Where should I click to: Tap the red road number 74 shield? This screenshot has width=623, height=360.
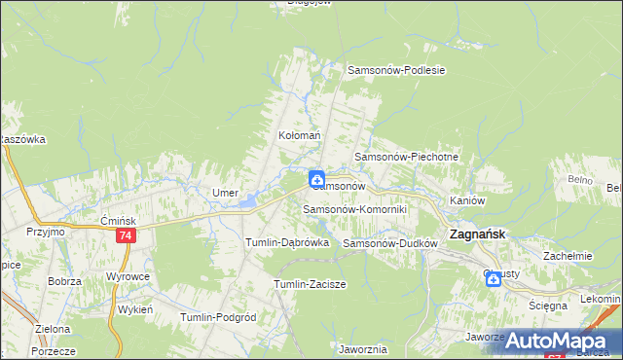tap(125, 236)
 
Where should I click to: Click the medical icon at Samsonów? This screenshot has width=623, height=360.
tap(317, 179)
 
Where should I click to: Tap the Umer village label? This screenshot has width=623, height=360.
tap(226, 193)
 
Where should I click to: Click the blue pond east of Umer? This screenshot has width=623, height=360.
tap(249, 201)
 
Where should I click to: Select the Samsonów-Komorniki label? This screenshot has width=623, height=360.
tap(354, 209)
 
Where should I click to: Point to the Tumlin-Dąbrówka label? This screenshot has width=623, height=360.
tap(287, 241)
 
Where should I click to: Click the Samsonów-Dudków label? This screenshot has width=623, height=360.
tap(386, 242)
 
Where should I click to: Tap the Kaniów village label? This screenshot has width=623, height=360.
tap(467, 199)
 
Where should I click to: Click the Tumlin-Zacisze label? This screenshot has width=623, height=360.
tap(311, 283)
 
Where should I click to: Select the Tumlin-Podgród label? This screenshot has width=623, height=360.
tap(218, 317)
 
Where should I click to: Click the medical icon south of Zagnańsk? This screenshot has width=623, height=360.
tap(494, 280)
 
